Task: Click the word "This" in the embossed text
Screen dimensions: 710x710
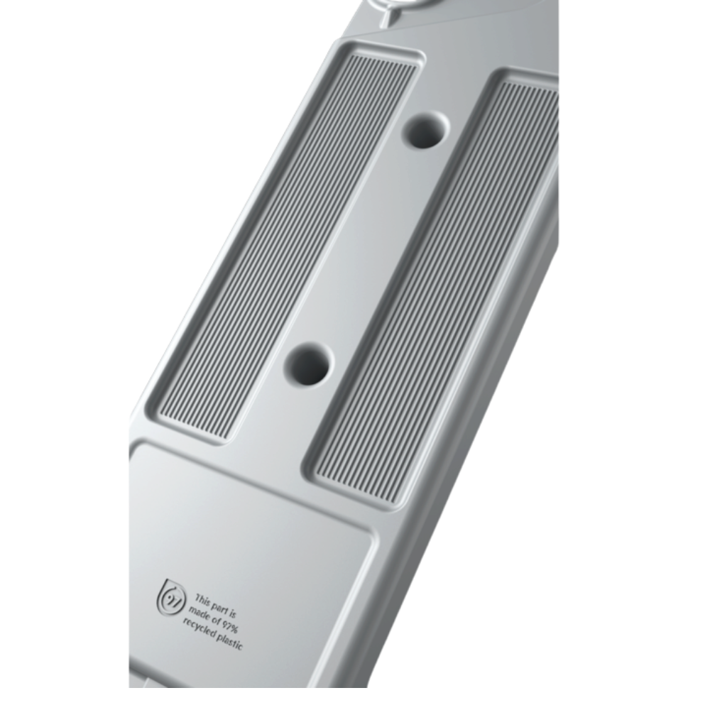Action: [202, 601]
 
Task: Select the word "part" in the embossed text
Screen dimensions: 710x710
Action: [221, 608]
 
